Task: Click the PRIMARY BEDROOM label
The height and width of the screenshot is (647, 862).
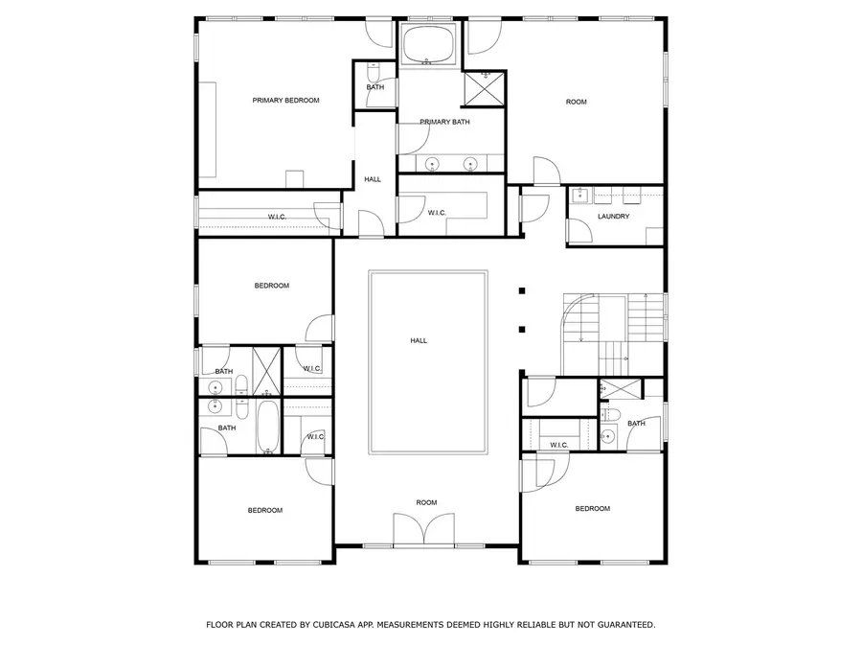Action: click(285, 100)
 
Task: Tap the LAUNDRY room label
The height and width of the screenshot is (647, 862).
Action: click(613, 216)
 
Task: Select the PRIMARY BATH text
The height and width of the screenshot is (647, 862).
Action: click(445, 122)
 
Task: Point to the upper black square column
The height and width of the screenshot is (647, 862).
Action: click(522, 290)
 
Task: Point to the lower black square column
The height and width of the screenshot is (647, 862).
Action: click(522, 330)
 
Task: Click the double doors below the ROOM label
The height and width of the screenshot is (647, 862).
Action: click(424, 530)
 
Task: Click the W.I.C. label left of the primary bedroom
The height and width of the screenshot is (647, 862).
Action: click(278, 217)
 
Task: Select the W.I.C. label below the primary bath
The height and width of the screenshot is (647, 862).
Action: click(437, 212)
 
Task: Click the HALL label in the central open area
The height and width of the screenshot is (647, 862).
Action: click(419, 340)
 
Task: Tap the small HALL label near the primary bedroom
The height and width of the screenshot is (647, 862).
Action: click(373, 179)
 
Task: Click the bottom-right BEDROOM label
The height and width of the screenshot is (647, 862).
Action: click(592, 509)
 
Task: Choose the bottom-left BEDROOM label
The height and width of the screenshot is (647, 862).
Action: click(265, 510)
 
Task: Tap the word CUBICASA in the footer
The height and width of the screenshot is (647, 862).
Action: click(332, 625)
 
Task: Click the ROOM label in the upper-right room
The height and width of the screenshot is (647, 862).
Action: click(576, 102)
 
